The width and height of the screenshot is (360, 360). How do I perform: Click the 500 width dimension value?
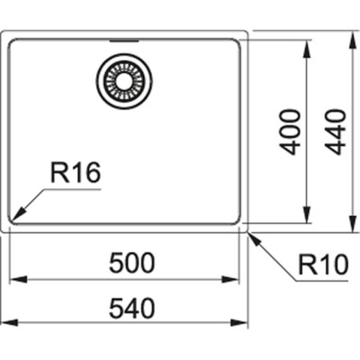pos(132,263)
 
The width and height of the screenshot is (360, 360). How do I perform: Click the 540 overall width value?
pos(132,308)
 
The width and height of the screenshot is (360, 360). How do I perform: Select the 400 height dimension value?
pos(291,131)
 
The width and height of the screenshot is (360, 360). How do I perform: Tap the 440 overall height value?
pos(334,131)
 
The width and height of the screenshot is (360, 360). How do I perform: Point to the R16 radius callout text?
pos(74,174)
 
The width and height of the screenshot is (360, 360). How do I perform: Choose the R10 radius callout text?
pos(319,265)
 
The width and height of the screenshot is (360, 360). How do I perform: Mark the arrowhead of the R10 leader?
pos(253,237)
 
